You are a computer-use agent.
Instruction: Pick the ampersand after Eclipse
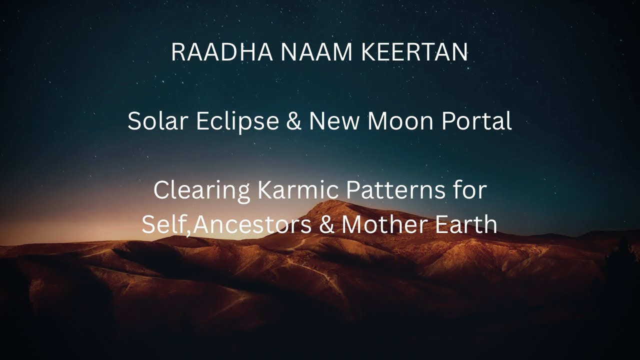[294, 122]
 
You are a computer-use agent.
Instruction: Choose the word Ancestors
[252, 225]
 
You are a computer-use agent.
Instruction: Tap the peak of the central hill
[340, 202]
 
